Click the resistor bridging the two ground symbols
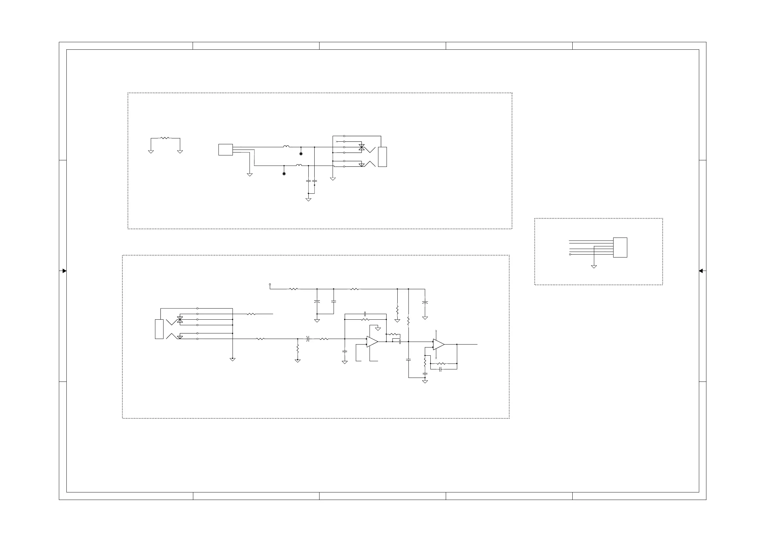(164, 138)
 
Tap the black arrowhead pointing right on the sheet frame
(64, 271)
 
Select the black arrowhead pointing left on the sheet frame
(701, 271)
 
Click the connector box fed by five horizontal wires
(620, 247)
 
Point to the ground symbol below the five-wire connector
(594, 267)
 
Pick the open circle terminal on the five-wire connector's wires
(570, 254)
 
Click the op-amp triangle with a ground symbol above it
(372, 342)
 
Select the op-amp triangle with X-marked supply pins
(438, 345)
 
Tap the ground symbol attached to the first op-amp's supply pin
(378, 329)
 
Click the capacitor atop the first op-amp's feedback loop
(365, 314)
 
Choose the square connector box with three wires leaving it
(225, 150)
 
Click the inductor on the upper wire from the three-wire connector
(286, 147)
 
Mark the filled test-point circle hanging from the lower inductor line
(284, 174)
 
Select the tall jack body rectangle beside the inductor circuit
(382, 157)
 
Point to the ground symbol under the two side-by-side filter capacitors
(308, 200)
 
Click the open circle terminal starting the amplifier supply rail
(270, 284)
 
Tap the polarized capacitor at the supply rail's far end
(425, 302)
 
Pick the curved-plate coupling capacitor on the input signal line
(308, 339)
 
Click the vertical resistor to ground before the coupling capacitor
(298, 349)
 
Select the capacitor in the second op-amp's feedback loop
(440, 369)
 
